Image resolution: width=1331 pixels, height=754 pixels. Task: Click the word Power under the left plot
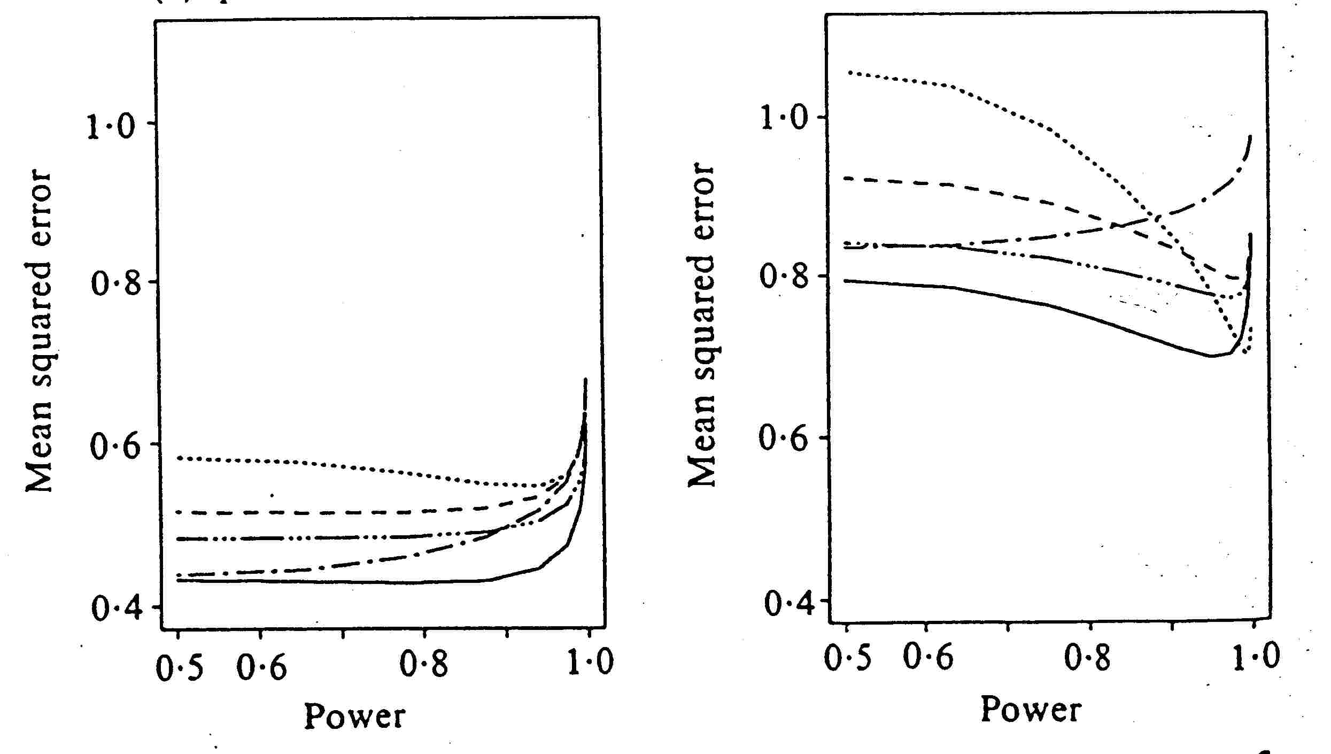click(x=354, y=717)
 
